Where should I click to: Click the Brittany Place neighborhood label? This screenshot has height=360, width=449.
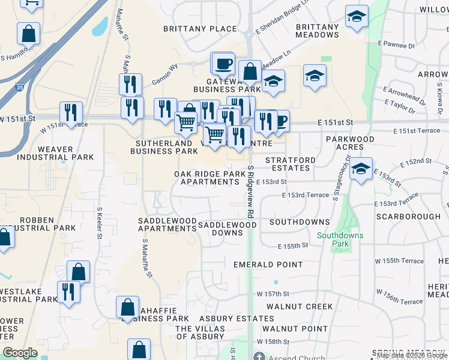[x=200, y=29]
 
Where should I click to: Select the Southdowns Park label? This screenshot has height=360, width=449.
[x=340, y=240]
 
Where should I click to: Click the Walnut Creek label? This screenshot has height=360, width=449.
[x=301, y=307]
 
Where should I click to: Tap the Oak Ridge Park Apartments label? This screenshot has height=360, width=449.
[x=210, y=178]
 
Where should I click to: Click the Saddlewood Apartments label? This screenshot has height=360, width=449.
[x=167, y=225]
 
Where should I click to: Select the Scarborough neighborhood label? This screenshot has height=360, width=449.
[x=408, y=216]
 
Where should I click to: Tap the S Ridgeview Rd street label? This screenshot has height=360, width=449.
[x=250, y=192]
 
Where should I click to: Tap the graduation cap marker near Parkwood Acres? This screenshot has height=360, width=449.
[x=360, y=169]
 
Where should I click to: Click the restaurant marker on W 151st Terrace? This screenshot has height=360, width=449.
[x=71, y=113]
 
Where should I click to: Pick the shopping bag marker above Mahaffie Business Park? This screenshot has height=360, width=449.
[x=128, y=308]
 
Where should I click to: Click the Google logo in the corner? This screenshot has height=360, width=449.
[x=20, y=353]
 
